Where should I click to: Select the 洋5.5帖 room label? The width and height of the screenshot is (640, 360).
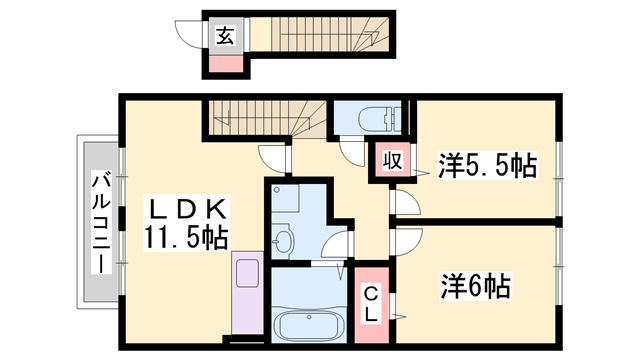(486, 166)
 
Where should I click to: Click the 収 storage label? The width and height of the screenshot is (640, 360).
(390, 161)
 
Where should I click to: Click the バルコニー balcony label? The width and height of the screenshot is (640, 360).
(101, 223)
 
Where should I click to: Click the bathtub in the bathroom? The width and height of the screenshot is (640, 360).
(308, 325)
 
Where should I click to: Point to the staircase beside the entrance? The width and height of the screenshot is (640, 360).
(320, 35)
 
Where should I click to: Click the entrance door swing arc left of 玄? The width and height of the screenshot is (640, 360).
(191, 35)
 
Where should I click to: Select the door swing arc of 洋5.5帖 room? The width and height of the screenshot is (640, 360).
(405, 203)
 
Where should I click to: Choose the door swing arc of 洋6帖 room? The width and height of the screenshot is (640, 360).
(405, 241)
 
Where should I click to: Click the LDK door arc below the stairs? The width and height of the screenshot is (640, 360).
(273, 158)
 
